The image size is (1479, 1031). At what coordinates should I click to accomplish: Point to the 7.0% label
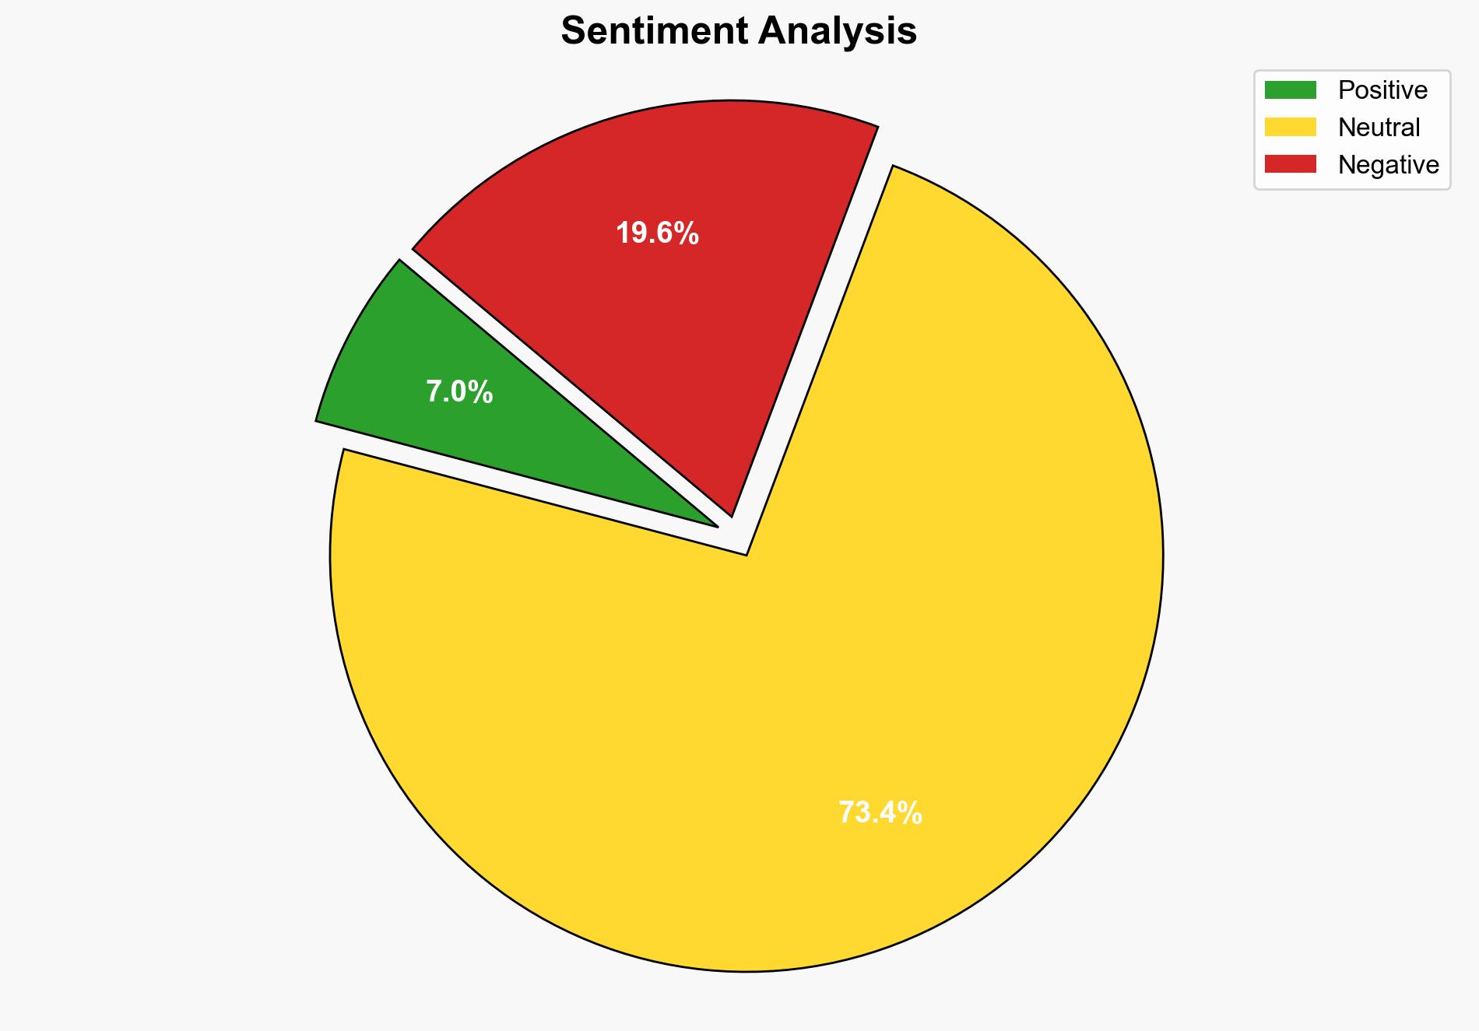click(x=459, y=392)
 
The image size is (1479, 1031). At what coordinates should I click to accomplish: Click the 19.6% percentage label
click(x=657, y=233)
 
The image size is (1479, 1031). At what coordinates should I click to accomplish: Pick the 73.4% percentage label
click(x=880, y=813)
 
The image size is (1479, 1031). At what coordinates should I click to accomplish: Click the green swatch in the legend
click(x=1290, y=90)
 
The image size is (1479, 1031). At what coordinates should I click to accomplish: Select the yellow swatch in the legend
click(x=1290, y=127)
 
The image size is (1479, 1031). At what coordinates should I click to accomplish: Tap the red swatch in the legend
click(x=1290, y=164)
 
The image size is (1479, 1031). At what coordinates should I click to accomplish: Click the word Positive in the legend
click(x=1382, y=90)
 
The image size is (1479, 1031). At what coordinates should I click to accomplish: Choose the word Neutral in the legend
click(x=1379, y=127)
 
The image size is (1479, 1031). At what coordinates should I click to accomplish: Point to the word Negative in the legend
click(x=1388, y=164)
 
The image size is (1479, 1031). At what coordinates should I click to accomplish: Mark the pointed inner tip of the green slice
click(x=715, y=525)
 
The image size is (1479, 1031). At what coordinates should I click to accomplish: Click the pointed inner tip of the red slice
click(x=730, y=514)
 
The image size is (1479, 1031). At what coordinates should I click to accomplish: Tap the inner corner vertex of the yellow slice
click(x=746, y=553)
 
